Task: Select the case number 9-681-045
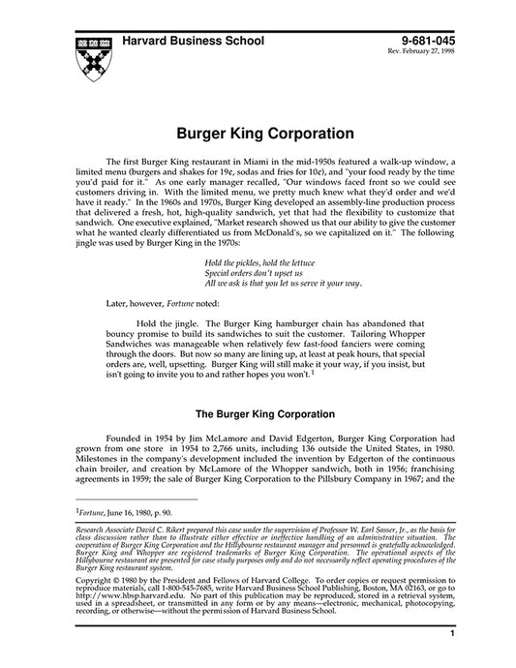(x=426, y=41)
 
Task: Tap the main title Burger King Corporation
(x=258, y=130)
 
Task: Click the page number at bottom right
(x=453, y=634)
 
